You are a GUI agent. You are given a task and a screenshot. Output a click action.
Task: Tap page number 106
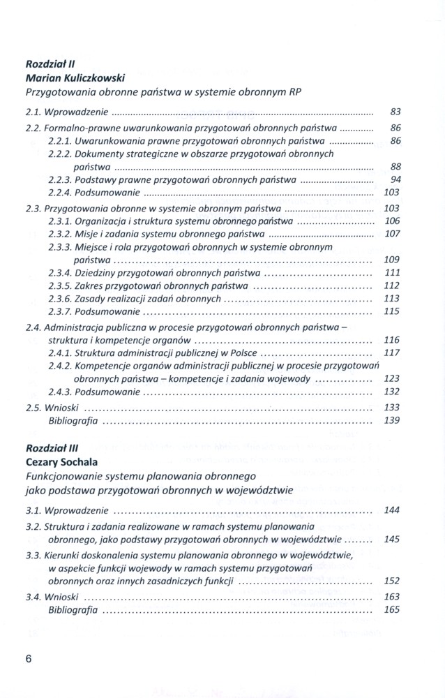pyautogui.click(x=392, y=221)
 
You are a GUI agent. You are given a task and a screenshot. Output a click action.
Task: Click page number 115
pyautogui.click(x=392, y=311)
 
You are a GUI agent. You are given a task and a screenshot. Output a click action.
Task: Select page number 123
pyautogui.click(x=392, y=378)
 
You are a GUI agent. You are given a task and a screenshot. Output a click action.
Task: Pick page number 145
pyautogui.click(x=392, y=539)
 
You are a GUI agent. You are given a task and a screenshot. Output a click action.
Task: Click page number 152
pyautogui.click(x=392, y=580)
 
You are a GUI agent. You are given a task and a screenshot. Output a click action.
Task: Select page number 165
pyautogui.click(x=392, y=609)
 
